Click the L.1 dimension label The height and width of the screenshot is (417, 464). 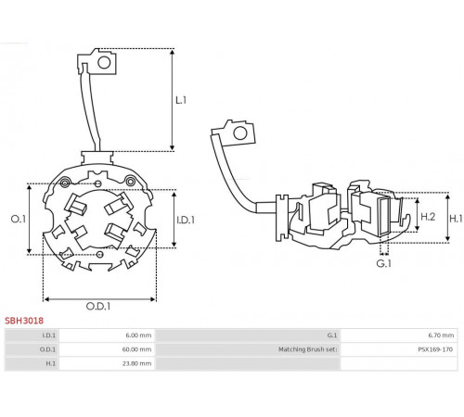click(181, 100)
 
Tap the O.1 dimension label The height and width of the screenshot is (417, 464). click(19, 219)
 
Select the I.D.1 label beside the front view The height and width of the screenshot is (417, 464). click(186, 220)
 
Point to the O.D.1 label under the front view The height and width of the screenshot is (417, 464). click(98, 307)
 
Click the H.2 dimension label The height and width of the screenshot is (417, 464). click(428, 217)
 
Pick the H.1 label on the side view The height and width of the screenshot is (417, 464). click(456, 219)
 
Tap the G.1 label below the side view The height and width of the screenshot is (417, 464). click(384, 263)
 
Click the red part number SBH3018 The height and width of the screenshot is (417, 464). click(24, 321)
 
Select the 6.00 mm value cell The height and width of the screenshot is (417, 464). click(138, 335)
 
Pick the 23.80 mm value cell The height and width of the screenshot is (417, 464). click(136, 363)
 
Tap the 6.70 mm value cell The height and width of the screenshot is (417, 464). click(441, 335)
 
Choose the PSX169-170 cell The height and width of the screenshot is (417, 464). click(435, 349)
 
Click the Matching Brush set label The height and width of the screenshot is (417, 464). click(308, 349)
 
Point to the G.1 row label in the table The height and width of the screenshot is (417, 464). click(332, 335)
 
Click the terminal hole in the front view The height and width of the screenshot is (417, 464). click(104, 63)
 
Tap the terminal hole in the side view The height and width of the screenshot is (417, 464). click(240, 133)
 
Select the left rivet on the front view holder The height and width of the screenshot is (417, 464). click(65, 183)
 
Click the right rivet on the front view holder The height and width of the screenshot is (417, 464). click(130, 181)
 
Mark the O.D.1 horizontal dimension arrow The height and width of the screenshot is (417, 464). click(99, 299)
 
